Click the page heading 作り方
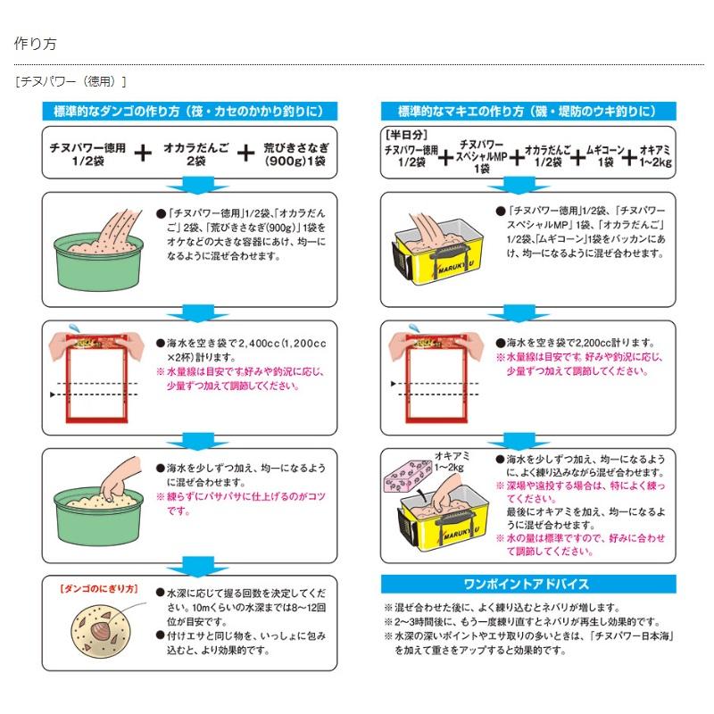point(36,43)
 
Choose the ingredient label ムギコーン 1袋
point(604,159)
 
